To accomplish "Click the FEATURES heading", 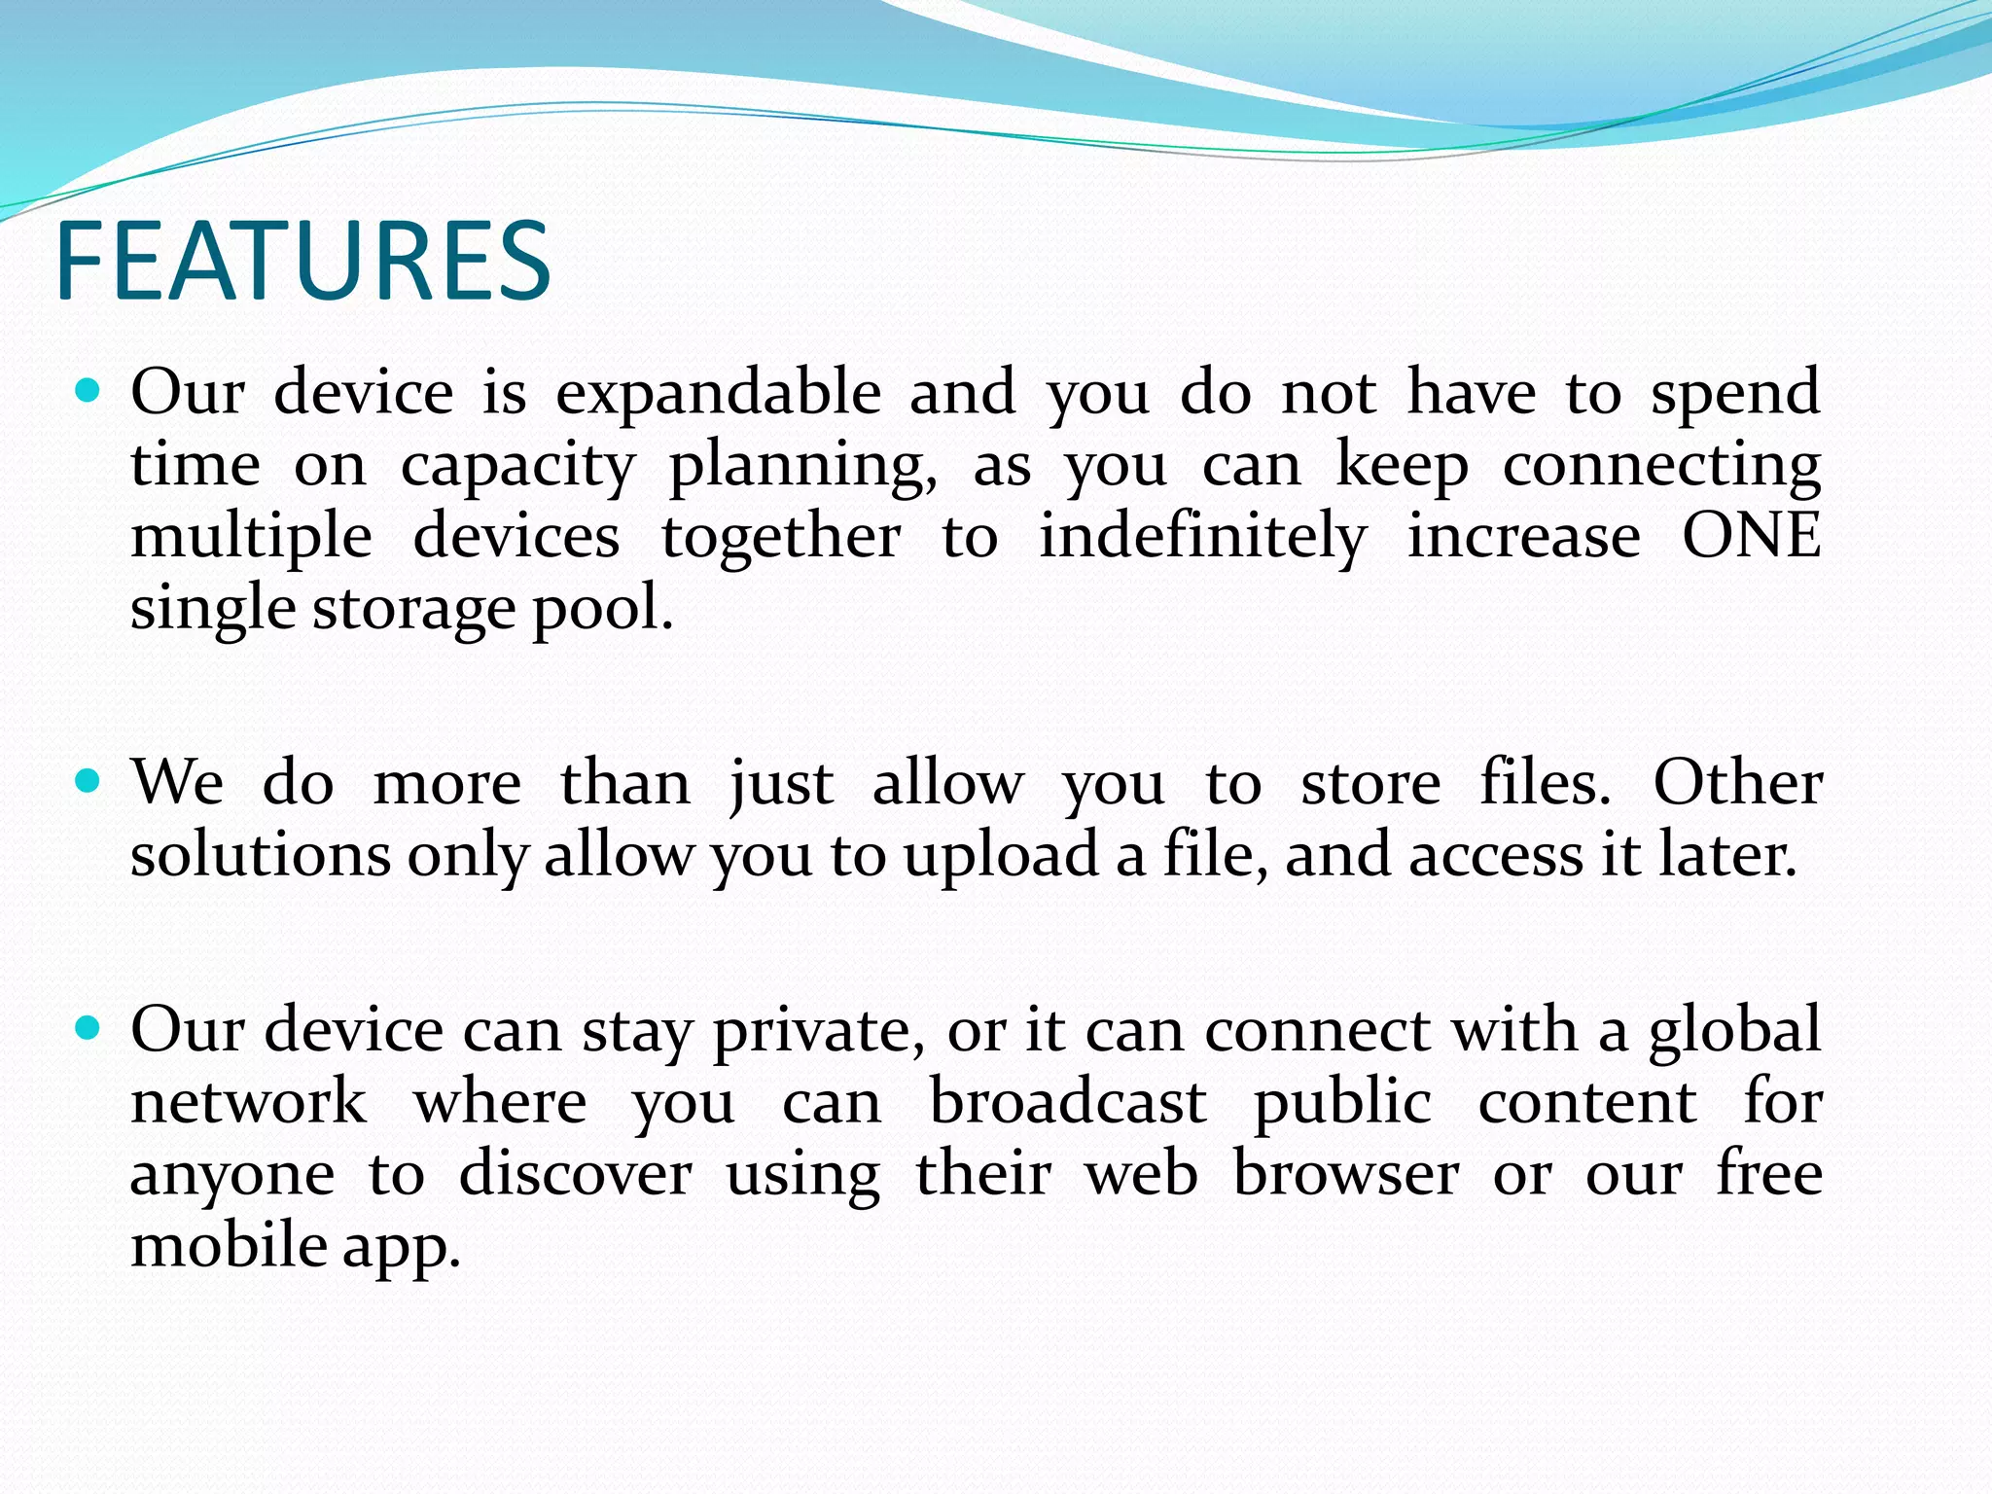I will (x=303, y=261).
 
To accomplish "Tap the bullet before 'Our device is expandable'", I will (x=89, y=390).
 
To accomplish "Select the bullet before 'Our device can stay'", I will (x=89, y=1027).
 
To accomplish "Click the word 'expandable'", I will (x=718, y=394).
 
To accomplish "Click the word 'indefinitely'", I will (x=1202, y=538).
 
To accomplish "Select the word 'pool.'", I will (x=602, y=611).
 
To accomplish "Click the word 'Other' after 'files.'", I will (x=1737, y=782).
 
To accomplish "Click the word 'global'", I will (x=1734, y=1031).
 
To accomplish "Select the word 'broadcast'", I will (x=1067, y=1102).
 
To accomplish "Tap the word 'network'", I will (x=249, y=1102).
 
